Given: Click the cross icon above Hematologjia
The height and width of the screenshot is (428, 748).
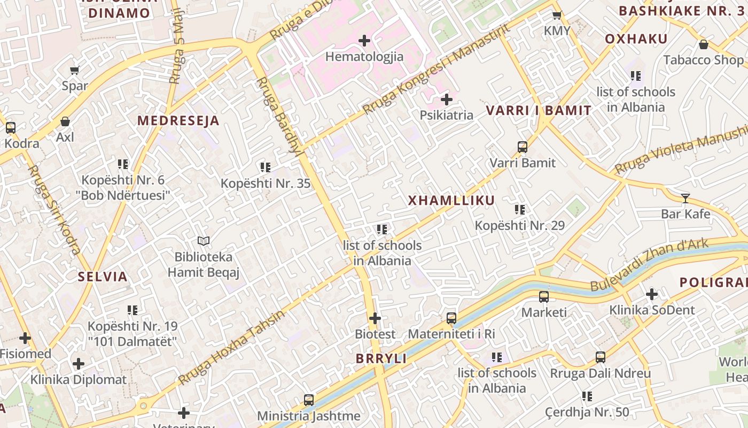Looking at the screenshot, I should click(x=364, y=41).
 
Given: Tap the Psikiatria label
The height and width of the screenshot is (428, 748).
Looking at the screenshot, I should click(x=446, y=115).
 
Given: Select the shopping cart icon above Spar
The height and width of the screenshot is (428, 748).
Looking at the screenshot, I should click(x=75, y=70).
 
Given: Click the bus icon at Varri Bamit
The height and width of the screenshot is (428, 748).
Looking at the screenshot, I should click(x=523, y=147).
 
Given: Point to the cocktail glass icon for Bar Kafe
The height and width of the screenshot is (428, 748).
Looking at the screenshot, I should click(x=685, y=198).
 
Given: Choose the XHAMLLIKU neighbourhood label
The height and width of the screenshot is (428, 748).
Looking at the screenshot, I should click(x=451, y=201).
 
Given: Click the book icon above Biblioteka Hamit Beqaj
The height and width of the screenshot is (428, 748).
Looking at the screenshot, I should click(x=203, y=241).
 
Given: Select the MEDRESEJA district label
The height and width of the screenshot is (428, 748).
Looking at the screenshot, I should click(x=178, y=121).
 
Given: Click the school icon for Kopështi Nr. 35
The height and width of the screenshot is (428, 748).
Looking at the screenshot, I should click(x=266, y=167).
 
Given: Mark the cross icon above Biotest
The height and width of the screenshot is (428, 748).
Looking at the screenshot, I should click(x=375, y=318).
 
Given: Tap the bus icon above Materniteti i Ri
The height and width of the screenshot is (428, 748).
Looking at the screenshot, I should click(x=451, y=318).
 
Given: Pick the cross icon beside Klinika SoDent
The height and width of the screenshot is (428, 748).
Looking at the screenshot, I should click(x=651, y=294).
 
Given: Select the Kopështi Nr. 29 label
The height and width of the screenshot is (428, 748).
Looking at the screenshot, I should click(x=519, y=226).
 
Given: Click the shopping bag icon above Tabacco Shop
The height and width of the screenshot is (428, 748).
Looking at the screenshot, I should click(x=704, y=44).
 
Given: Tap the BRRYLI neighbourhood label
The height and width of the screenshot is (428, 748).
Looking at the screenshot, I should click(x=381, y=359).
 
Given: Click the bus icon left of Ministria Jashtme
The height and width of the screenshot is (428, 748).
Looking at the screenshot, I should click(x=309, y=400).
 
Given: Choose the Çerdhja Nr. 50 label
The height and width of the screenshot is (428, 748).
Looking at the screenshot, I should click(x=587, y=412).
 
